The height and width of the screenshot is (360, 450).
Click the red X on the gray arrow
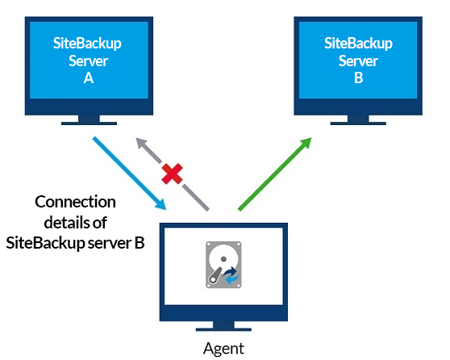pos(172,174)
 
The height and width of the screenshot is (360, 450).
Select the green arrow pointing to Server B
pos(275,174)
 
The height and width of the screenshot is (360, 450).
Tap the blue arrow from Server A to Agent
pos(129,174)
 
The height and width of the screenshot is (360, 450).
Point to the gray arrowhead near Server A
pos(141,143)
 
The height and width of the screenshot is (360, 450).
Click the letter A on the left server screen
pos(89,77)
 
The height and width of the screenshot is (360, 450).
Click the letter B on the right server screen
pos(358,77)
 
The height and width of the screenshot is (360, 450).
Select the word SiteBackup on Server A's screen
pos(87,44)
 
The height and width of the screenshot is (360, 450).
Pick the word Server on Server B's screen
pos(358,61)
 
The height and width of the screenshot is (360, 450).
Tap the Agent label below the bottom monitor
pos(223,349)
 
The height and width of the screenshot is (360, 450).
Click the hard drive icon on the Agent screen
pos(223,265)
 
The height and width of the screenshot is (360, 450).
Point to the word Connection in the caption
pos(75,202)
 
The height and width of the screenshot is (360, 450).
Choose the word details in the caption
pos(64,223)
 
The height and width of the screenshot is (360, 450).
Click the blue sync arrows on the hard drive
pos(231,275)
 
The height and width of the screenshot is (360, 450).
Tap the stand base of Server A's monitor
pos(89,123)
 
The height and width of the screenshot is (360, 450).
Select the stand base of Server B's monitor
pos(358,123)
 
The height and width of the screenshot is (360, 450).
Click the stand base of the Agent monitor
pos(223,329)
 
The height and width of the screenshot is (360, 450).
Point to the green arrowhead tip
pos(311,138)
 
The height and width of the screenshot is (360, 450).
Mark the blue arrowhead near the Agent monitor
pos(161,205)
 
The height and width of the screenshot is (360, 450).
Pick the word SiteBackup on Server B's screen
pos(358,44)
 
